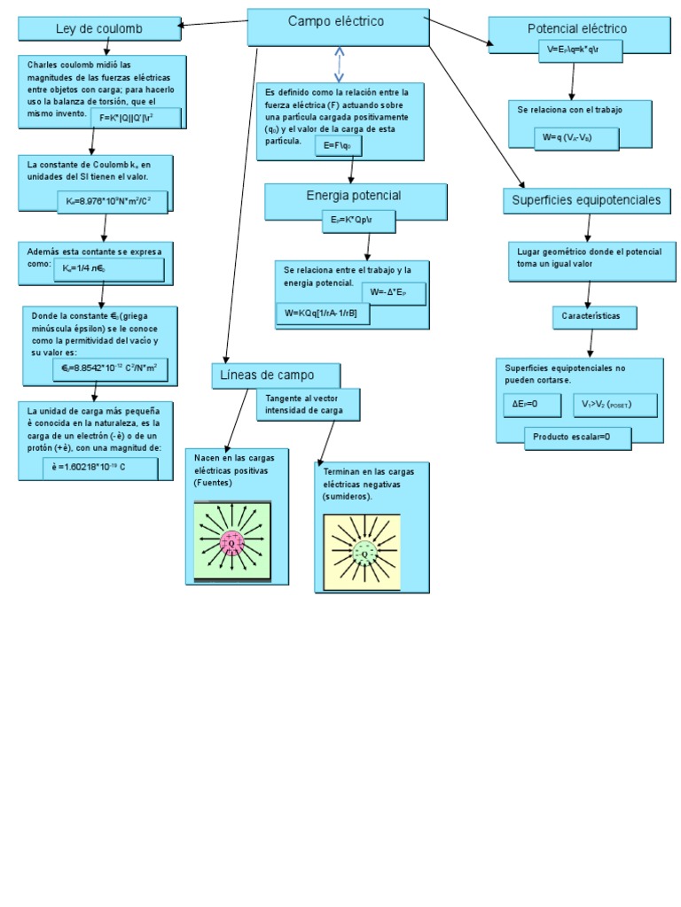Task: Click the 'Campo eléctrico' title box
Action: pyautogui.click(x=336, y=27)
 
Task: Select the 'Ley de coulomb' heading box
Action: pyautogui.click(x=98, y=29)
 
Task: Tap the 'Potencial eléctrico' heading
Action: pyautogui.click(x=576, y=29)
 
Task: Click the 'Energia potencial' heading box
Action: pyautogui.click(x=354, y=196)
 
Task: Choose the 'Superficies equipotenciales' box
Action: pyautogui.click(x=586, y=201)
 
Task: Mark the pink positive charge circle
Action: pyautogui.click(x=232, y=542)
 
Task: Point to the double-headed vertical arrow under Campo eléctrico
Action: pyautogui.click(x=339, y=64)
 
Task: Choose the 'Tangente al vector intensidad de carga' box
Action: pyautogui.click(x=309, y=404)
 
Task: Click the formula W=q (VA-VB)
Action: pyautogui.click(x=575, y=136)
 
